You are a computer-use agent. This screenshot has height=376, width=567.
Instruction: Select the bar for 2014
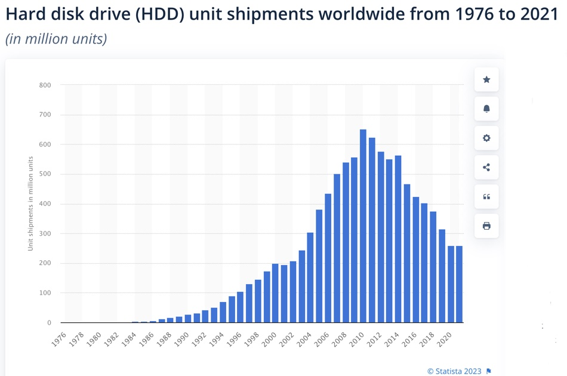398,239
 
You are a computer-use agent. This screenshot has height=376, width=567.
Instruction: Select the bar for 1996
240,307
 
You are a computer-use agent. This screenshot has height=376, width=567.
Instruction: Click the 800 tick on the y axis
45,85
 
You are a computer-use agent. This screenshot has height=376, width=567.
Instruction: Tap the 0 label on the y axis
49,323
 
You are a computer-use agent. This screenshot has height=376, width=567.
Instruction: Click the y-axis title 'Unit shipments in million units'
30,204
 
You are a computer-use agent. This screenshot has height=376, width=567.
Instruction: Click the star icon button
486,79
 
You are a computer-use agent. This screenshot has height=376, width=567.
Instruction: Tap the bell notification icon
486,109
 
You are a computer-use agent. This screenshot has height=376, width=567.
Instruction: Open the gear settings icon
486,138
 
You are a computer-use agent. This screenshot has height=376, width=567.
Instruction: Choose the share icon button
486,167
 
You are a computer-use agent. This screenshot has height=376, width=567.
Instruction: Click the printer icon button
486,226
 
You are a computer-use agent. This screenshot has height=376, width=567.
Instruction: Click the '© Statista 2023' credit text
454,371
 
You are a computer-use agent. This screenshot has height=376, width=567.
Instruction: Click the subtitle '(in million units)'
56,39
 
